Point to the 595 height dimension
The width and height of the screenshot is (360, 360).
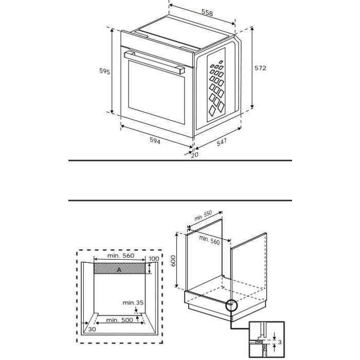coord(105,71)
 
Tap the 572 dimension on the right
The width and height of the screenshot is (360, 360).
coord(260,68)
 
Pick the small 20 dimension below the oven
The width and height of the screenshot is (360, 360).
coord(194,154)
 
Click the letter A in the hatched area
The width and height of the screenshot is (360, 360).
coord(119,269)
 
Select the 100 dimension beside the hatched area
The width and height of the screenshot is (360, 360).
coord(154,259)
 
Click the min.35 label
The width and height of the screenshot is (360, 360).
coord(133,303)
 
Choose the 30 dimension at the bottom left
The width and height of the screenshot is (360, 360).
coord(92,329)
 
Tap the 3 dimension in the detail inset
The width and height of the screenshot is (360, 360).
coord(278,341)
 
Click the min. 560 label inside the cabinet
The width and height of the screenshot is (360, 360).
coord(210,240)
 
